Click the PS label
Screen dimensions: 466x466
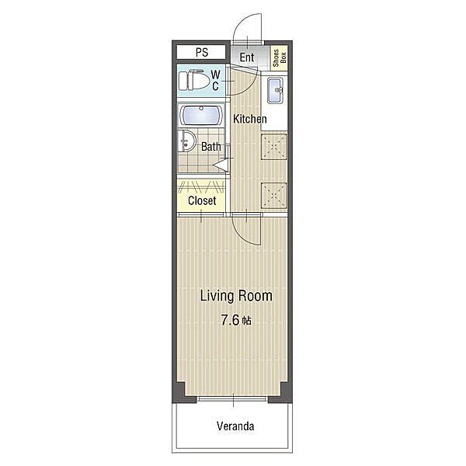(x=202, y=53)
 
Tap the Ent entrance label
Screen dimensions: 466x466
(x=247, y=57)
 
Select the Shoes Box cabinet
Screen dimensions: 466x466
(x=280, y=58)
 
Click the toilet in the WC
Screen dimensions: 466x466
(x=194, y=80)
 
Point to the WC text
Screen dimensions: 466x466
(x=216, y=80)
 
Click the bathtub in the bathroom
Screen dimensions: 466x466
(x=202, y=116)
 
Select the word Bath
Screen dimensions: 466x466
(x=211, y=147)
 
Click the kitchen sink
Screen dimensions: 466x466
(x=275, y=90)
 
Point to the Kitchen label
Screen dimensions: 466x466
(x=249, y=119)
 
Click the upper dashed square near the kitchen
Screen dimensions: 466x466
(x=274, y=147)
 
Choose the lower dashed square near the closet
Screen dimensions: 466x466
(x=274, y=195)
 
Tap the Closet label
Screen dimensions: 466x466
(x=202, y=200)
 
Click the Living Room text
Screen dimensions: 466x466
(x=236, y=296)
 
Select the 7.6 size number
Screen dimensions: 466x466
(x=230, y=320)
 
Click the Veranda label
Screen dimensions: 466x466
(x=235, y=426)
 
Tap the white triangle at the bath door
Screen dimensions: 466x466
(x=221, y=165)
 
